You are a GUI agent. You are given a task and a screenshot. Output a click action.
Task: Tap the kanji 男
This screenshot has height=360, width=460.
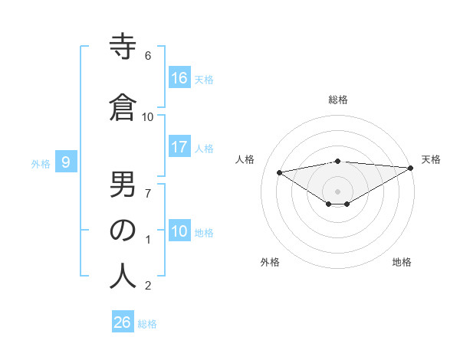pos(123,184)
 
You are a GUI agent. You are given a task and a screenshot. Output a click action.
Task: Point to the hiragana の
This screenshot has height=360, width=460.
pos(123,230)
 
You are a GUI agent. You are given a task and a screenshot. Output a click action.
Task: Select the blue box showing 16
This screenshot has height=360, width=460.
pos(179,78)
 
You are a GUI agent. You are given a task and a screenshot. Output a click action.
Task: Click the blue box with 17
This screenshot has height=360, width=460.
pos(179,147)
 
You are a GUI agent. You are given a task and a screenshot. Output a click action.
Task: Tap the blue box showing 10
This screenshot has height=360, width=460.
pos(179,231)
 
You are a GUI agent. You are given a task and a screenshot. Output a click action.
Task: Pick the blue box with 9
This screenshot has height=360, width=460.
pos(66,162)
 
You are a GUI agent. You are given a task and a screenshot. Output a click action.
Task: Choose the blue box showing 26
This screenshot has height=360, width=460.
pos(123,322)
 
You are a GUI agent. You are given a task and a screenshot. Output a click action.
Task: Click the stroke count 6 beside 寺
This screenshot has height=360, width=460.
pos(148,56)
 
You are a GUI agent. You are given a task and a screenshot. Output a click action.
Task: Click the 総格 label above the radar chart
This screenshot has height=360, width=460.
pos(338,100)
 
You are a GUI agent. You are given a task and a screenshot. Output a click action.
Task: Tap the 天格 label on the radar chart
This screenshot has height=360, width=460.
pos(431,159)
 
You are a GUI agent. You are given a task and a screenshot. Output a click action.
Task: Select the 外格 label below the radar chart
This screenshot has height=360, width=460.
pos(270,262)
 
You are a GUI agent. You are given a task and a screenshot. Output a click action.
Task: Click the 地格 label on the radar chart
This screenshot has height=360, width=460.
pos(402,262)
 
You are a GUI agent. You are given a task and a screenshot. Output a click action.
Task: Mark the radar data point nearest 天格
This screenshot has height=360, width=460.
pos(411,168)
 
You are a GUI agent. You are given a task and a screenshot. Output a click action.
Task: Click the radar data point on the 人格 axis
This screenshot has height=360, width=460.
pos(280,172)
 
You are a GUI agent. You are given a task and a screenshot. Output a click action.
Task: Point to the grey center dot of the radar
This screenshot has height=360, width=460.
pos(337,190)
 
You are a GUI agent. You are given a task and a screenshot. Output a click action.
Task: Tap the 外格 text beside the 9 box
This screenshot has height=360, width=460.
pos(40,163)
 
